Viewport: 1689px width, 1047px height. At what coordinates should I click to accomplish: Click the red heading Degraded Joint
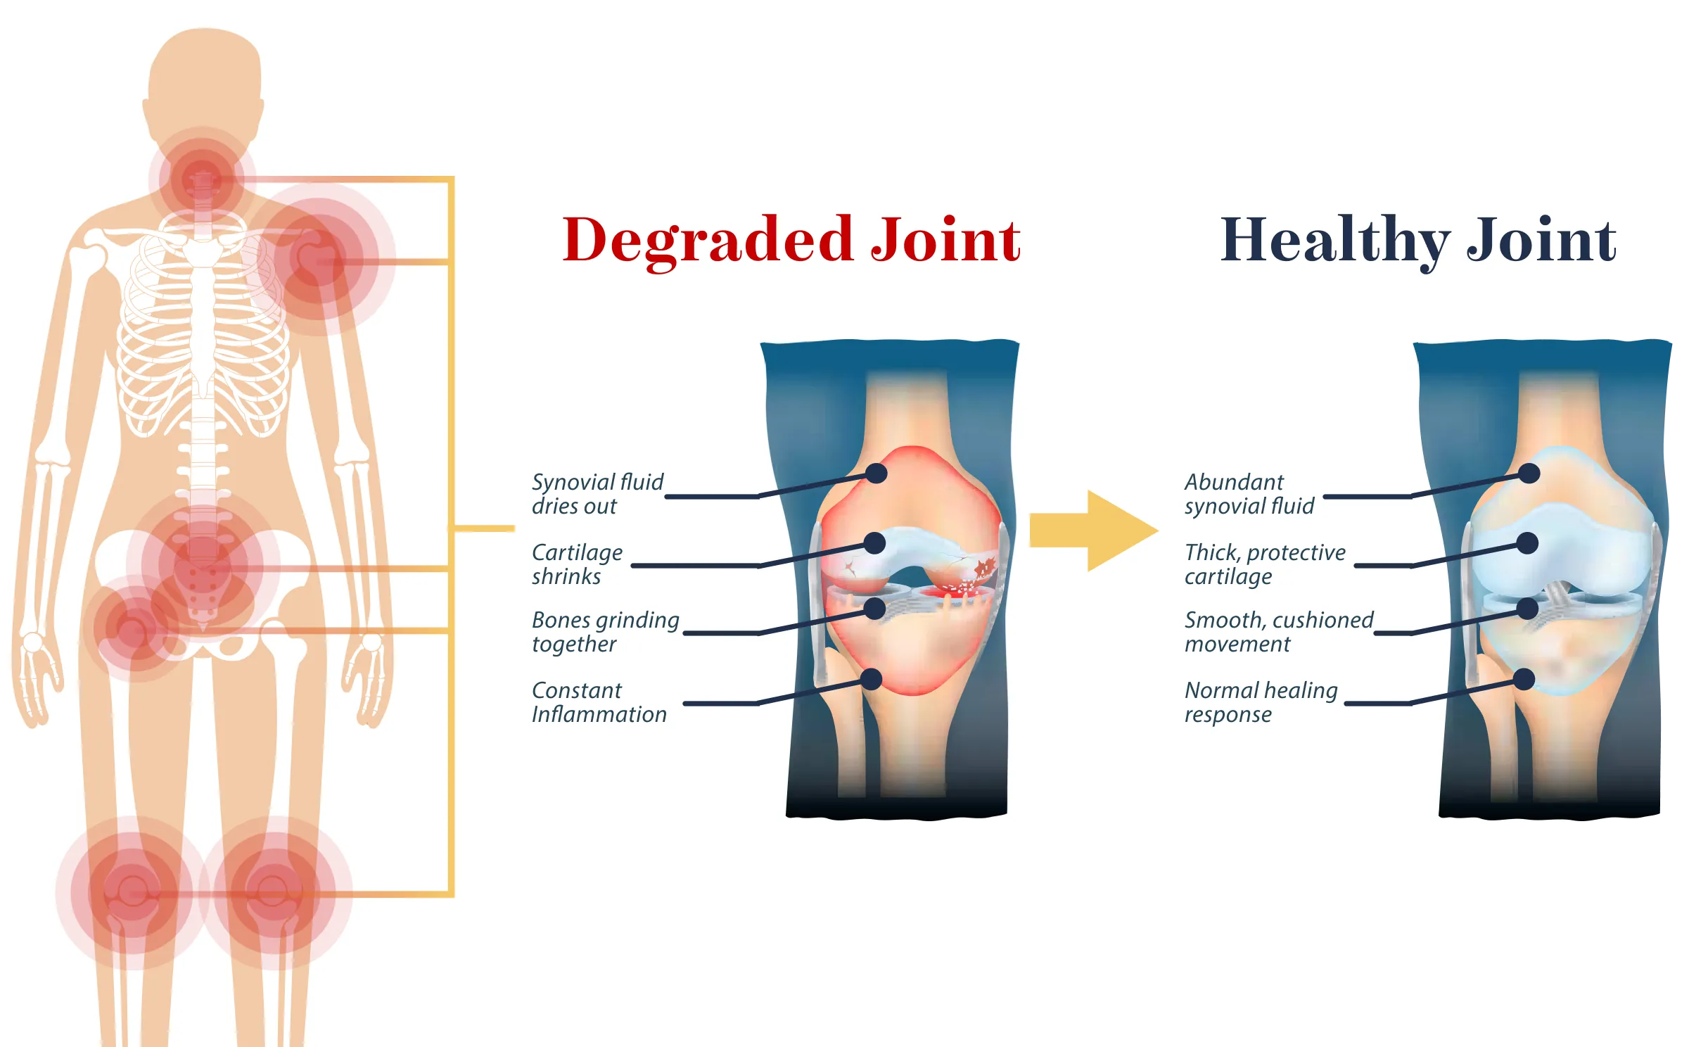pos(791,240)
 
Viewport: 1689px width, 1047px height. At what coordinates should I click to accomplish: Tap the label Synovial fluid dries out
pos(597,494)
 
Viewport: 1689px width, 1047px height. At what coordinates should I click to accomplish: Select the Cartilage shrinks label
pos(577,564)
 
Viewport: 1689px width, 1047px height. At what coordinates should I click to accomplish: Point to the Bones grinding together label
pos(605,632)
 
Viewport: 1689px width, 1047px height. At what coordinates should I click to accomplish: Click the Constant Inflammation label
pos(599,702)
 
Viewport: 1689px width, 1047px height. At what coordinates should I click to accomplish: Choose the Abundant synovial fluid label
pos(1249,494)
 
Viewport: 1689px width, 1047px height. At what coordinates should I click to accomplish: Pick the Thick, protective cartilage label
pos(1264,564)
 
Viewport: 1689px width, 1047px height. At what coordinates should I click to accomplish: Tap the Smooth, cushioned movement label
pos(1278,632)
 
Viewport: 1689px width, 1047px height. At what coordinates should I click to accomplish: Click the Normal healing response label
pos(1261,702)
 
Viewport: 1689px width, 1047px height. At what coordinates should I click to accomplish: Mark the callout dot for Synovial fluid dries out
pos(876,474)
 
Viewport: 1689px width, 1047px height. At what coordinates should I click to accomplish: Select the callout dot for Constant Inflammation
pos(872,679)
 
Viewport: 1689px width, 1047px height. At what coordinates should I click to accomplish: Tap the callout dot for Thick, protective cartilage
pos(1527,543)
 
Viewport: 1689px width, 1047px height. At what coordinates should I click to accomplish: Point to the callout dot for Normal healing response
pos(1524,679)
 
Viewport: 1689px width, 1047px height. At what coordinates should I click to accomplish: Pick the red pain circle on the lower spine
pos(202,563)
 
